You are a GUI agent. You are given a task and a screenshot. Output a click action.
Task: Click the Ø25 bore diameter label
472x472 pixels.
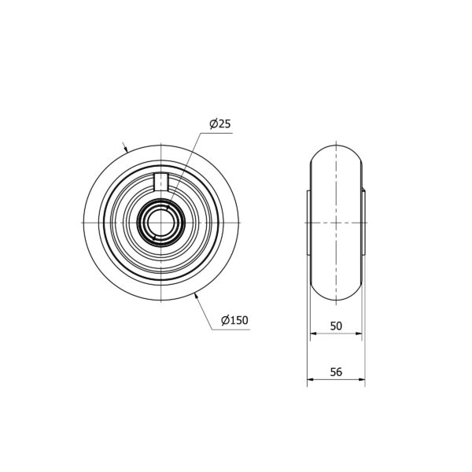pos(220,124)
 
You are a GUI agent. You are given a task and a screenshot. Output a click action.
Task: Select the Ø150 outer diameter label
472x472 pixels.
pos(234,320)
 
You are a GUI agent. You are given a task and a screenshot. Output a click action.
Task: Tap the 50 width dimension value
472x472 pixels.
pos(336,326)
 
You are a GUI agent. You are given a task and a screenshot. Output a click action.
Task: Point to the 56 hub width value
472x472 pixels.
pos(336,372)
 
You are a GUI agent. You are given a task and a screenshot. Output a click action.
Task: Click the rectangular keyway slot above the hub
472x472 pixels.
pos(161,182)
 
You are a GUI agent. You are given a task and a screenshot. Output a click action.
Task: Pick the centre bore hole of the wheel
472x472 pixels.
pos(160,223)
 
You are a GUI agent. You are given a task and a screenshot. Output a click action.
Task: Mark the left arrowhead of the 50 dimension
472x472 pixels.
pos(314,334)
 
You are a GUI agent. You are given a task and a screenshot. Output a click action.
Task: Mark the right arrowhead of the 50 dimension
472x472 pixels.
pos(359,334)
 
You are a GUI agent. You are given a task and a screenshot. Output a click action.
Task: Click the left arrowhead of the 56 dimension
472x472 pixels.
pos(311,379)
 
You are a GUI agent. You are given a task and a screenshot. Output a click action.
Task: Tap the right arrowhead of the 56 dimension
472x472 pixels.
pos(362,379)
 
